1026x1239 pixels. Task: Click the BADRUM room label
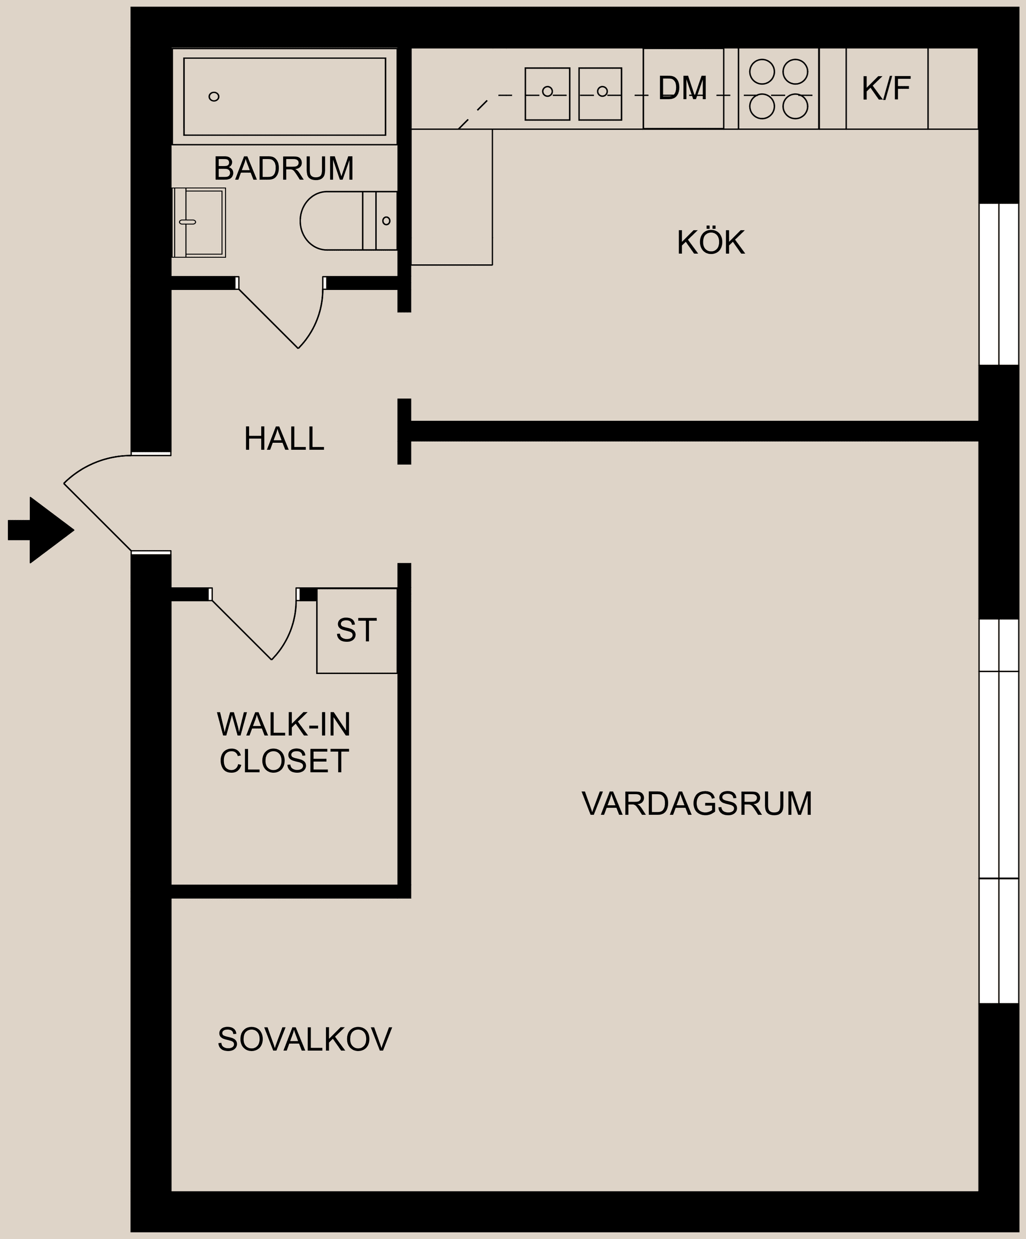point(283,169)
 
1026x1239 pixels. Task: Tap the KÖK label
point(710,242)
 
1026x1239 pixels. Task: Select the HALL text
point(284,439)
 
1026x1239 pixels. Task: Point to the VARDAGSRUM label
point(697,804)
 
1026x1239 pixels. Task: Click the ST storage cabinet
point(356,630)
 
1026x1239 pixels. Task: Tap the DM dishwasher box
point(683,89)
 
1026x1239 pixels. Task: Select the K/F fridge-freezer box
point(886,89)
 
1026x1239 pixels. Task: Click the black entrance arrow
point(41,530)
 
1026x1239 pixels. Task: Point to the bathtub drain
point(214,97)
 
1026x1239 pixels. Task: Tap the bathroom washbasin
point(199,222)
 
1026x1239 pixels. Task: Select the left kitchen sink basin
point(547,94)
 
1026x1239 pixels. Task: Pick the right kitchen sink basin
point(600,94)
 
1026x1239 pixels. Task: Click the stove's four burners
point(778,89)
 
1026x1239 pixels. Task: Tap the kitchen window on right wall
point(999,284)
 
